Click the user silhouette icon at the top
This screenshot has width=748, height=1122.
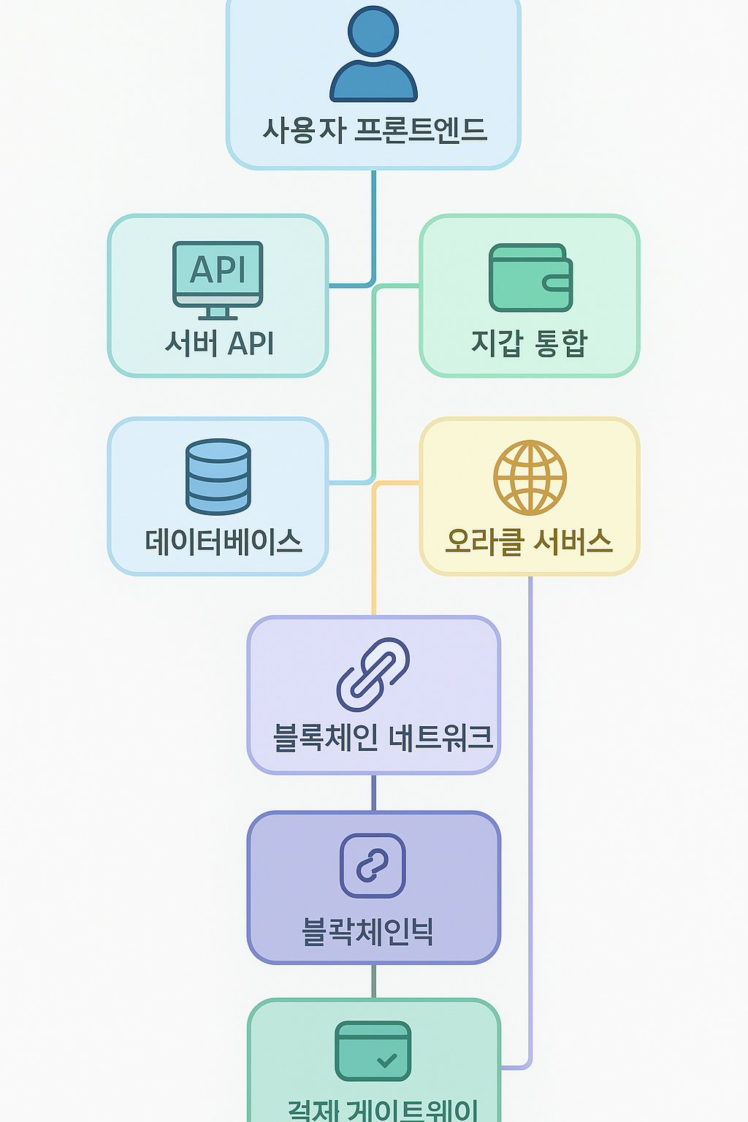click(373, 55)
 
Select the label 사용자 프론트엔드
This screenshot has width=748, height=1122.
click(374, 130)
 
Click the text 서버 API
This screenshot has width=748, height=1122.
click(219, 343)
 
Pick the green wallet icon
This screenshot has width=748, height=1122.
click(530, 278)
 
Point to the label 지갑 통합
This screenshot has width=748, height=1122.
click(530, 343)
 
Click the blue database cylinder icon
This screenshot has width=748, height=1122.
click(218, 476)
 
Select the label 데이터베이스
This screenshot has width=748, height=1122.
click(223, 541)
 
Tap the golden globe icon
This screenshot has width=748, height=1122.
click(530, 477)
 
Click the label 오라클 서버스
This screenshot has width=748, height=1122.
click(530, 541)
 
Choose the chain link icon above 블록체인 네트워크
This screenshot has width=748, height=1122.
click(373, 674)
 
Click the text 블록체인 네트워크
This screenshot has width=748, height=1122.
click(383, 738)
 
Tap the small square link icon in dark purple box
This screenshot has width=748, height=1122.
click(373, 866)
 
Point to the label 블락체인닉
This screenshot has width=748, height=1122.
click(368, 931)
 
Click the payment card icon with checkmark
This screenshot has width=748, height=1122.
click(373, 1051)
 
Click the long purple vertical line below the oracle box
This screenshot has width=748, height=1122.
click(530, 804)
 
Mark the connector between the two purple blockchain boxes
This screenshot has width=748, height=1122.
click(374, 793)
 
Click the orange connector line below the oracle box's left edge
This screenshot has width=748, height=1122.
click(374, 555)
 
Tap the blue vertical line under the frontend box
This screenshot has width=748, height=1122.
click(374, 219)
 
